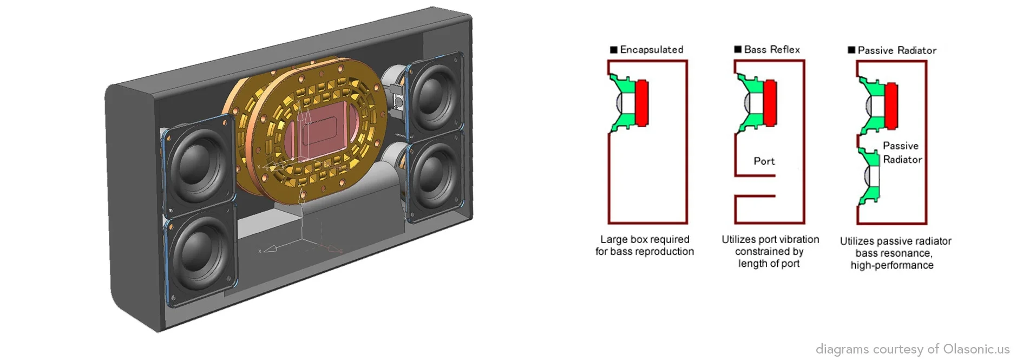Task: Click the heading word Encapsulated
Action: click(x=651, y=50)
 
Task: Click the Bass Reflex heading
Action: click(x=771, y=50)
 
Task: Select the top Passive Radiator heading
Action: click(x=896, y=50)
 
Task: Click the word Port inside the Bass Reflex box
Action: click(x=764, y=161)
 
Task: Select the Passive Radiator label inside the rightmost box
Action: click(x=902, y=153)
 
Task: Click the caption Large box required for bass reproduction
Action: click(x=644, y=245)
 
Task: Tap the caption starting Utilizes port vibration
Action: click(x=770, y=251)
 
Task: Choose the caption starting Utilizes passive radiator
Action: click(x=895, y=253)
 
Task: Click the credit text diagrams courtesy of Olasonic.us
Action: click(x=912, y=349)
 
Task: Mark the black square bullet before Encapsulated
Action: click(x=613, y=50)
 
